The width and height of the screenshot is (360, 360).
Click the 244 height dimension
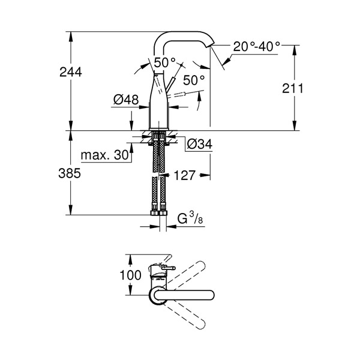[x=71, y=72]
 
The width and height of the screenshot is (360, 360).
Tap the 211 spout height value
[x=293, y=88]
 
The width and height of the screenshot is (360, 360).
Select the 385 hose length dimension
[x=70, y=173]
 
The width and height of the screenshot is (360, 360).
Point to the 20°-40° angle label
[x=256, y=47]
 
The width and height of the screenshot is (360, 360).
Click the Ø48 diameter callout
[x=126, y=100]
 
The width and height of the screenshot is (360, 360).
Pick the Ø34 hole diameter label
[x=200, y=145]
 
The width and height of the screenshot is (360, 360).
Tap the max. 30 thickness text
[x=104, y=155]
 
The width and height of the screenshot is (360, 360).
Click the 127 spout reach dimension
[x=185, y=176]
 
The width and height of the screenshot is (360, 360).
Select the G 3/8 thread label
[x=190, y=218]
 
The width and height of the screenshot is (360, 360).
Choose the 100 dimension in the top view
[x=130, y=275]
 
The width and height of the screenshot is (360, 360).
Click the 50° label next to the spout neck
[x=164, y=62]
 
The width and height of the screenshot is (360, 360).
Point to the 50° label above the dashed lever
[x=194, y=80]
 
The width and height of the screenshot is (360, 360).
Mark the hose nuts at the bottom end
[x=158, y=213]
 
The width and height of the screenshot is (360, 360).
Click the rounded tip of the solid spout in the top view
[x=211, y=295]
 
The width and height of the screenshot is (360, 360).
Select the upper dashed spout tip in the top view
[x=201, y=265]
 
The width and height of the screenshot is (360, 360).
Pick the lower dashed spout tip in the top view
[x=201, y=325]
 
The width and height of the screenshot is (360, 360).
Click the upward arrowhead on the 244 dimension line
[x=71, y=35]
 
